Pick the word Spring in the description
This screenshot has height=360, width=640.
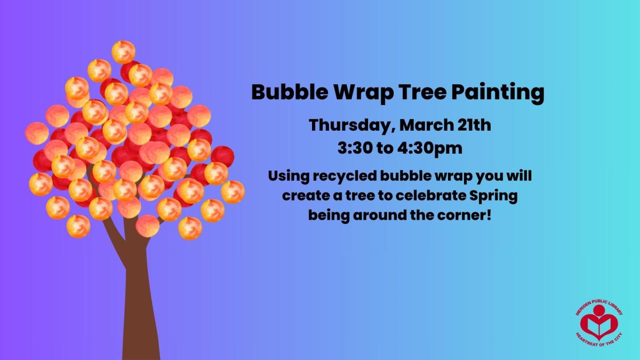[x=493, y=196]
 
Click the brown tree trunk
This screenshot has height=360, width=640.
[x=140, y=299]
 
